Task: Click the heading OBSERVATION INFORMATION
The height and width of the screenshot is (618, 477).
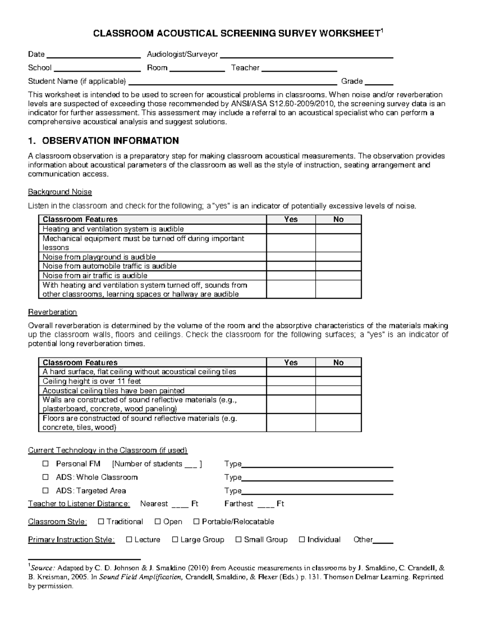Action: click(x=110, y=140)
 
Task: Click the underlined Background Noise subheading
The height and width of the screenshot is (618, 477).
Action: click(x=60, y=192)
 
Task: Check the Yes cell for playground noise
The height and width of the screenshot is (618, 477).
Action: click(x=291, y=257)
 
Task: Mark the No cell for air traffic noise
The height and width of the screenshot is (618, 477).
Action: click(x=338, y=275)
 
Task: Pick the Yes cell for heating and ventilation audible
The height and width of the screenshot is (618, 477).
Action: click(x=291, y=229)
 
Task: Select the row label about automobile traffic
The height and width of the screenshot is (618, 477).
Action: click(x=109, y=266)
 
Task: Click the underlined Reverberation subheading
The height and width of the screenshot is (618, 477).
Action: click(x=52, y=312)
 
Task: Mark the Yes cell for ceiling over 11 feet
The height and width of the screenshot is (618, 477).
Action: click(x=291, y=381)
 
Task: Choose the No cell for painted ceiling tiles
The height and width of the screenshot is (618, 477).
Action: click(x=338, y=390)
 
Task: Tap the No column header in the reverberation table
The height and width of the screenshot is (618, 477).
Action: click(x=338, y=363)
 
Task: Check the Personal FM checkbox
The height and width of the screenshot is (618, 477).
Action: click(x=46, y=464)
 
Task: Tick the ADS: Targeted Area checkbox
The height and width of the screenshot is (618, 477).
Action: click(x=46, y=491)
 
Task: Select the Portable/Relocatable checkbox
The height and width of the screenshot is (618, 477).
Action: click(x=196, y=521)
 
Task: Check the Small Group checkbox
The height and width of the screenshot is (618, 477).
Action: click(x=238, y=540)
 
